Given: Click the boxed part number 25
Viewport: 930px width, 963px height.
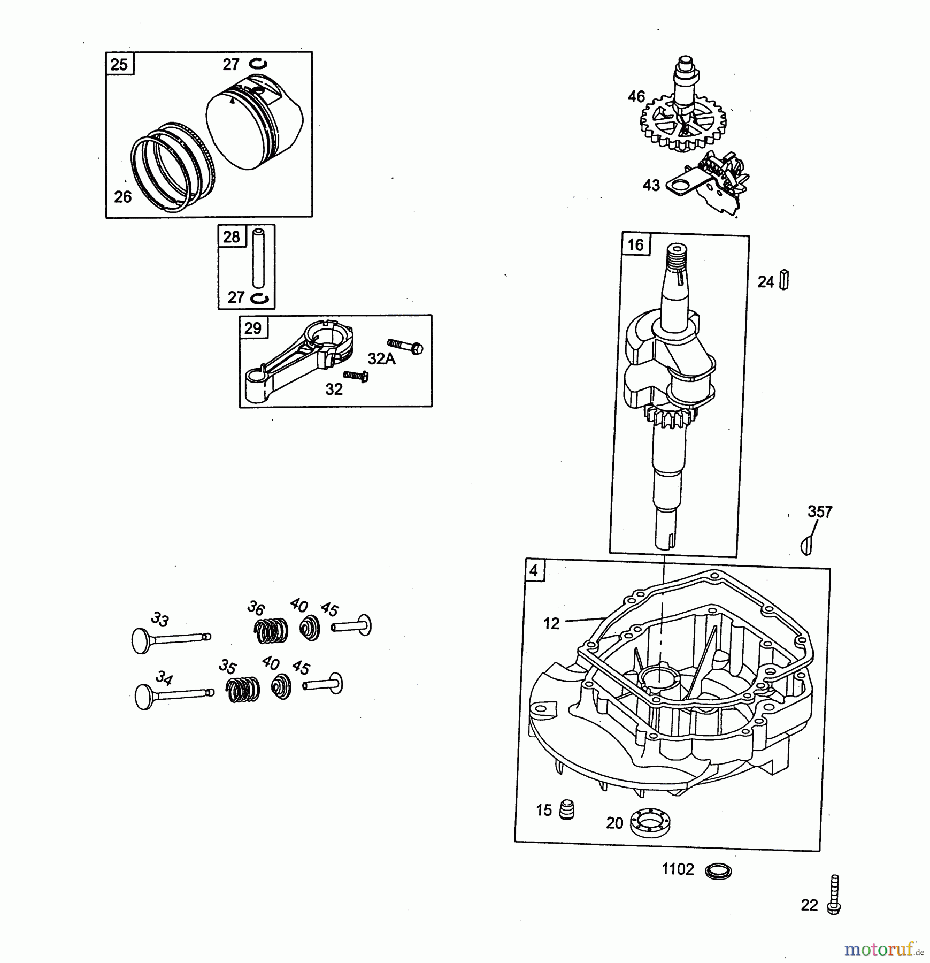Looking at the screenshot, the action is coord(119,65).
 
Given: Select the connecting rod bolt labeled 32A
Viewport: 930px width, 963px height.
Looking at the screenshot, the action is coord(405,347).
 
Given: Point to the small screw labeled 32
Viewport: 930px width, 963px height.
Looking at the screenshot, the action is coord(356,376).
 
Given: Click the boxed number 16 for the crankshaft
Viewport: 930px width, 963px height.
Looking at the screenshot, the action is coord(635,245).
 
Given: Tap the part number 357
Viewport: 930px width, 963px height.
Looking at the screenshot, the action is coord(820,512).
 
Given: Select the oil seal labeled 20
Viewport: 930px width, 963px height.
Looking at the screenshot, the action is coord(650,822).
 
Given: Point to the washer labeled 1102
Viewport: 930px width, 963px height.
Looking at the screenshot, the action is coord(718,871).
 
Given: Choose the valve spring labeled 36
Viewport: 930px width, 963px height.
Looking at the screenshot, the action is coord(271,631).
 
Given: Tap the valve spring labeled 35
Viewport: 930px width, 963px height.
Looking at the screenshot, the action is coord(242,689).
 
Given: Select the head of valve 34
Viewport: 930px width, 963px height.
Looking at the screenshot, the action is coord(145,698).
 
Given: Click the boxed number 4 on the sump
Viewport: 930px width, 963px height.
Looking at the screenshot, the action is coord(533,570).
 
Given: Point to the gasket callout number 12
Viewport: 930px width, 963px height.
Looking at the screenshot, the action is coord(551,623).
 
